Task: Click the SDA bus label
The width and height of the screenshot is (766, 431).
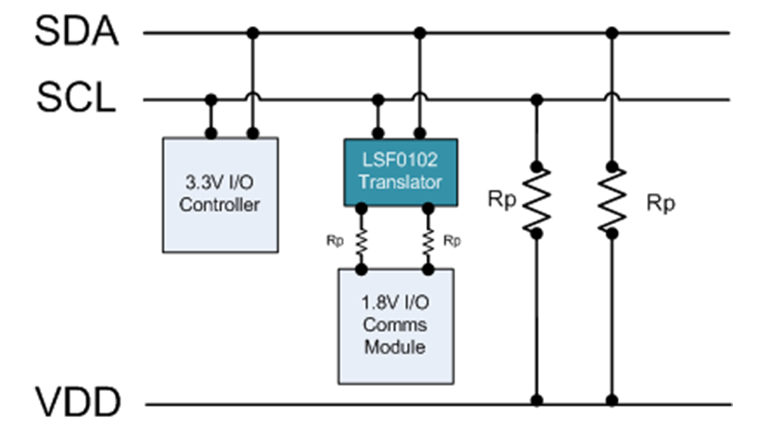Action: click(77, 31)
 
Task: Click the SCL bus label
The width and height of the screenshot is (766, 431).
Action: click(76, 99)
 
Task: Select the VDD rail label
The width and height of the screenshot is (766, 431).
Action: click(77, 402)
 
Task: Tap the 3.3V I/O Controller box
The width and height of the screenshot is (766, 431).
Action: click(220, 195)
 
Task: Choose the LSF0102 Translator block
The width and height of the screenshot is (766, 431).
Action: click(400, 172)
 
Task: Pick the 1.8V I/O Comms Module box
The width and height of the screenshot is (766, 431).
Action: click(396, 326)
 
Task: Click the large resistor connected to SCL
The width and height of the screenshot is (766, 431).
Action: click(537, 199)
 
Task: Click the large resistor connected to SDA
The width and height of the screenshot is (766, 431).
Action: click(612, 199)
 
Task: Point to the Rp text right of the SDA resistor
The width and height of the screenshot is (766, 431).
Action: click(661, 204)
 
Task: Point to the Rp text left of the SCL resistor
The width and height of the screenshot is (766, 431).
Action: click(501, 199)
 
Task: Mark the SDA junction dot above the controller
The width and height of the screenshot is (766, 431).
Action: click(253, 32)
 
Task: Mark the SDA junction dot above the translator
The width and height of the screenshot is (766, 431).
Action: click(420, 32)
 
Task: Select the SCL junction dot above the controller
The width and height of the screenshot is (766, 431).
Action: click(211, 99)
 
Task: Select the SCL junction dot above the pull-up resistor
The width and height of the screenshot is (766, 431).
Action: click(537, 99)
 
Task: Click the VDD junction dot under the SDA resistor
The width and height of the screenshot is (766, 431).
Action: click(612, 399)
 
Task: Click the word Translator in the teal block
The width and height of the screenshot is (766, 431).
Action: click(400, 181)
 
